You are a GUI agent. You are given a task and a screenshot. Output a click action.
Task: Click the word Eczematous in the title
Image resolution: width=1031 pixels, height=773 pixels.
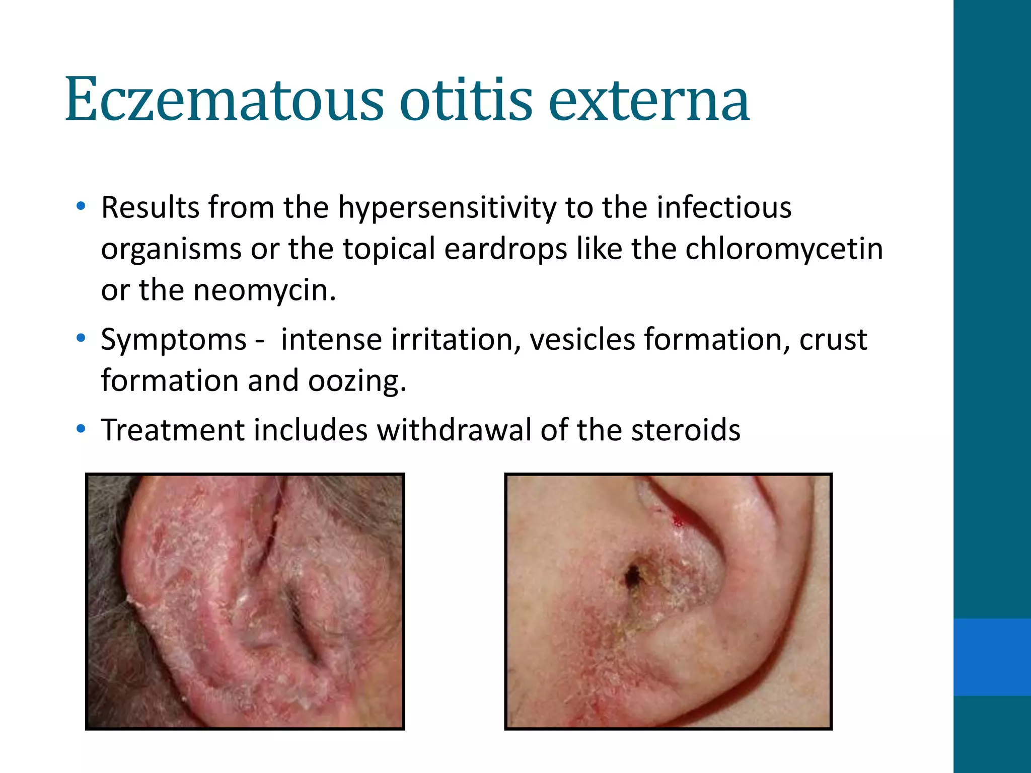coord(224,99)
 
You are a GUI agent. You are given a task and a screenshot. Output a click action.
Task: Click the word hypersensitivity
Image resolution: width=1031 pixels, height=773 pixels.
coord(447,207)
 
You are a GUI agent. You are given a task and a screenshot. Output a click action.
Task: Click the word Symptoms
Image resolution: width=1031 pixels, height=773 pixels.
coord(174,340)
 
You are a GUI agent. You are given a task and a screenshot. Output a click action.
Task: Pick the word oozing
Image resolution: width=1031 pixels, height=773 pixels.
coord(356,381)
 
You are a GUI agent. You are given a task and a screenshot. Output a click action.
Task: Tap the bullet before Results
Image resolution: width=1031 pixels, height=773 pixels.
coord(81,206)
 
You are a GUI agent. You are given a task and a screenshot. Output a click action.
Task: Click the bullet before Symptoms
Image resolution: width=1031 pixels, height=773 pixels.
coord(81,339)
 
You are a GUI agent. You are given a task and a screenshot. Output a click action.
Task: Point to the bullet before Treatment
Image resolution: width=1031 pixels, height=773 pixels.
coord(81,429)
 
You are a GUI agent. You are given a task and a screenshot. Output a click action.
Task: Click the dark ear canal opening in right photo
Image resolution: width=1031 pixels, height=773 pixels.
coord(632,574)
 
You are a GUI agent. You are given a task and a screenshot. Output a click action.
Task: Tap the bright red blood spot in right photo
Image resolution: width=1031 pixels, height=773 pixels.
coord(678,520)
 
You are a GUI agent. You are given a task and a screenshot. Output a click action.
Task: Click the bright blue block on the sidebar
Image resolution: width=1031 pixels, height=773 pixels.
coord(992,657)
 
